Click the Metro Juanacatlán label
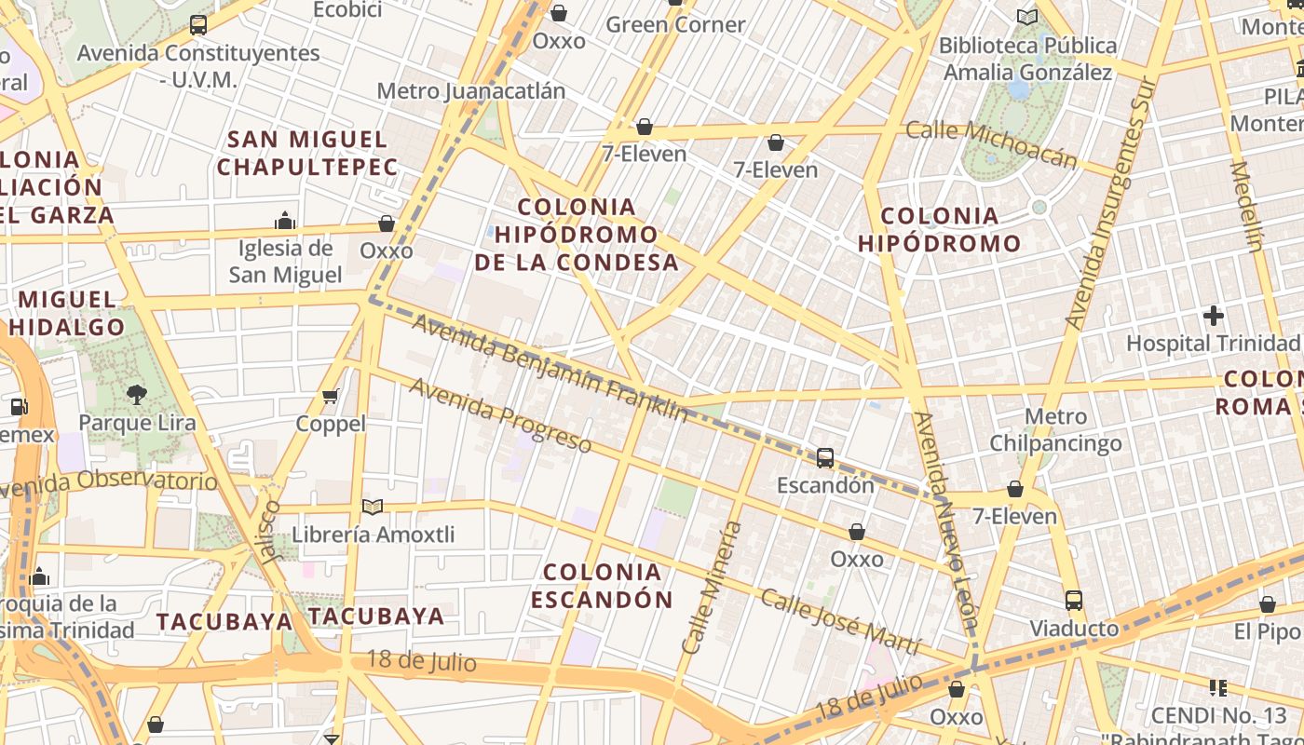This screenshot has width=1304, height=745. [x=470, y=91]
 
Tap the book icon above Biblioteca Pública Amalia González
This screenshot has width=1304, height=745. [x=1027, y=17]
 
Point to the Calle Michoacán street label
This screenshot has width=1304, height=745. [x=991, y=144]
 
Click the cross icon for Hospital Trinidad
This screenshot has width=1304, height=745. [x=1213, y=316]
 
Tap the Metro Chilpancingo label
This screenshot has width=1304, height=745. [x=1055, y=429]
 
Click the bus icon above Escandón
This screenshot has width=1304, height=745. [x=825, y=458]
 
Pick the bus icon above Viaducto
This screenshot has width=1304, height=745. [x=1074, y=601]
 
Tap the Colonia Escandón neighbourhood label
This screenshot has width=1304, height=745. [x=602, y=585]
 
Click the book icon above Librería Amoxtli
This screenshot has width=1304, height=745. [x=373, y=508]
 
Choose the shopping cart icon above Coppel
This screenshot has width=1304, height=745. [x=330, y=397]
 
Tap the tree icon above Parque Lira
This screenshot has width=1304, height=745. [x=137, y=395]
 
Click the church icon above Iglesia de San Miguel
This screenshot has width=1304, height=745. [x=285, y=221]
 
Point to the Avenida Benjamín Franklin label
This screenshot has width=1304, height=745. [x=550, y=368]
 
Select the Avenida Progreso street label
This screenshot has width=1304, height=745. [x=500, y=416]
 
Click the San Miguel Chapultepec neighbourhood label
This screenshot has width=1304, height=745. [x=307, y=154]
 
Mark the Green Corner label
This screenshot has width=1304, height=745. [x=675, y=25]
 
